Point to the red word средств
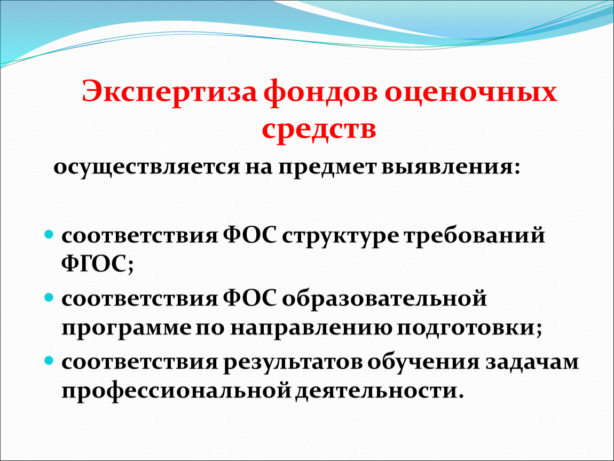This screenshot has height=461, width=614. pyautogui.click(x=319, y=130)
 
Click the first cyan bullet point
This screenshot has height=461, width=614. pyautogui.click(x=49, y=235)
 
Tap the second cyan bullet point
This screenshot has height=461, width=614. pyautogui.click(x=49, y=298)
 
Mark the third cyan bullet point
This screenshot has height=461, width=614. pyautogui.click(x=49, y=361)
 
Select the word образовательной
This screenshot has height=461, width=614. pyautogui.click(x=384, y=298)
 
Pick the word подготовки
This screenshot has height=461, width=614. pyautogui.click(x=466, y=328)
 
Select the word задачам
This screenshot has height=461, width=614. pyautogui.click(x=532, y=362)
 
